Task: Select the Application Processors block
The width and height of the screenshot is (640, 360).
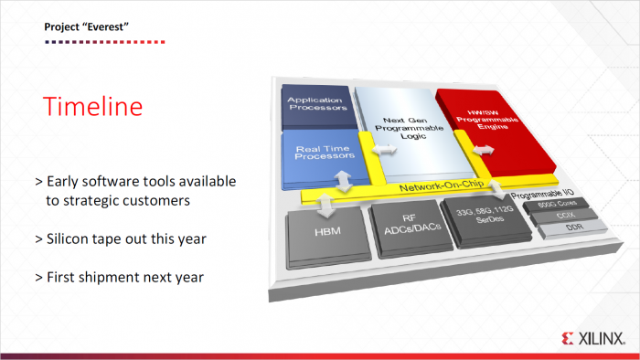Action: [x=316, y=103]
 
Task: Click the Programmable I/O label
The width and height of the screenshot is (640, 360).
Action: [x=540, y=196]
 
